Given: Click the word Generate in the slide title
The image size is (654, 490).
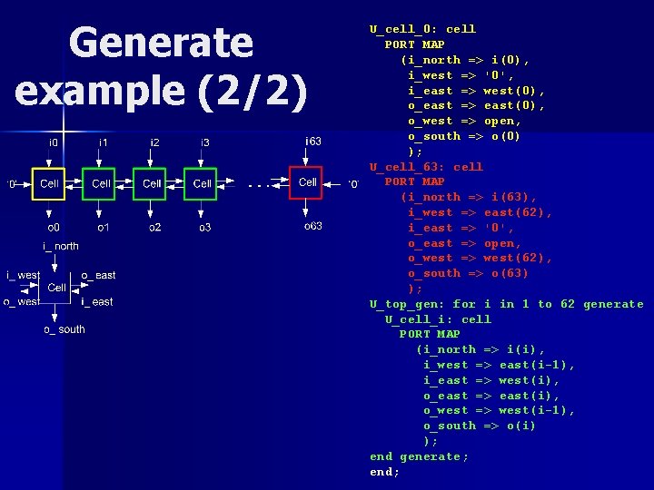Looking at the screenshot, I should click(161, 44).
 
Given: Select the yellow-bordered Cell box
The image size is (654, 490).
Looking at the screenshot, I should click(49, 183).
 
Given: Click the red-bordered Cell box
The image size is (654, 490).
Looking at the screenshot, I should click(308, 182).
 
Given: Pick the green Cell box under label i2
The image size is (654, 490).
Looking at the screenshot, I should click(151, 183).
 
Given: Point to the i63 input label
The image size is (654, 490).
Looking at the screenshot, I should click(313, 141).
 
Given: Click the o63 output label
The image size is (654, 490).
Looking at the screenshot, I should click(313, 226).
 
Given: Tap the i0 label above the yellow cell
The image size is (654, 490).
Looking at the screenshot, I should click(54, 142).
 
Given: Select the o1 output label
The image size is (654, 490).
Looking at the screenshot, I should click(104, 227).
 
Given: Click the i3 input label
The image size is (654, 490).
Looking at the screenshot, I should click(205, 142).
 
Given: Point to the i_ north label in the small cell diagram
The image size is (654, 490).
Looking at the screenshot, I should click(61, 246).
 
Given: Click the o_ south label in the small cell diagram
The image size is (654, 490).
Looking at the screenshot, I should click(64, 329).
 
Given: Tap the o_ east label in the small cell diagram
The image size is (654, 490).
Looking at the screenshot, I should click(98, 275).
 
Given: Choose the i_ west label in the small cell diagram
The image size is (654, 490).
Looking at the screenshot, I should click(23, 275).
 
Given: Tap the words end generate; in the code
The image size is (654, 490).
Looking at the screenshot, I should click(419, 456).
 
